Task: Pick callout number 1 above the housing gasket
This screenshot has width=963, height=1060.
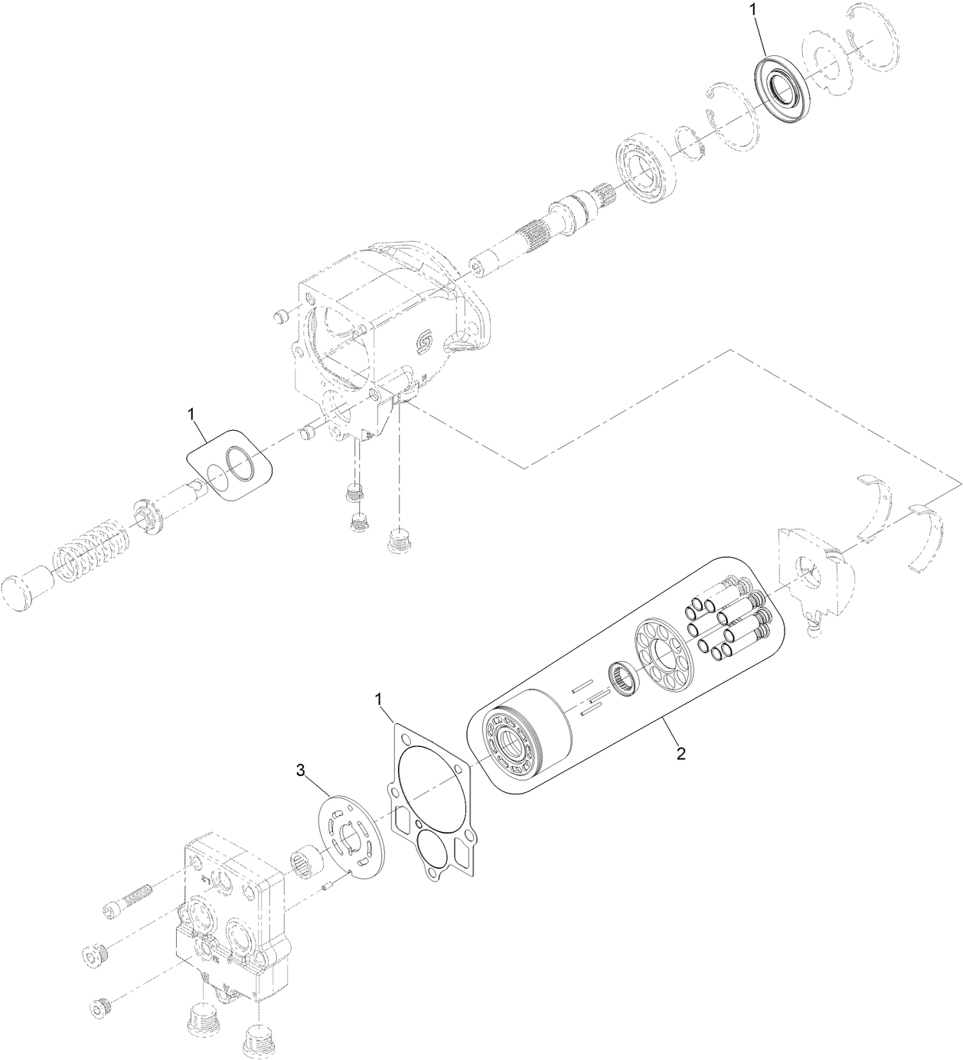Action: pos(379,699)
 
